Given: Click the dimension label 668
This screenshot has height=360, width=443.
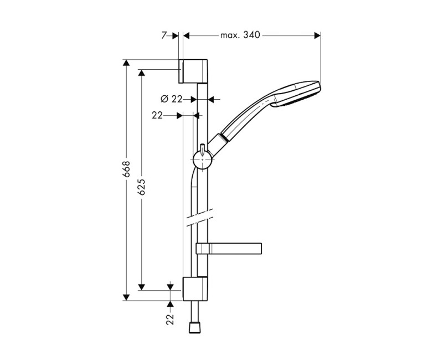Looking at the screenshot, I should point(126,169).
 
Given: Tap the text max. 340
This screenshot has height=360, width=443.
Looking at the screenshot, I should point(240,35).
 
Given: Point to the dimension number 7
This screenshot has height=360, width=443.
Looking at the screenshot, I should point(164,35).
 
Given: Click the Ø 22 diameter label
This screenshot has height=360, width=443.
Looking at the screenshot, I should point(171,99).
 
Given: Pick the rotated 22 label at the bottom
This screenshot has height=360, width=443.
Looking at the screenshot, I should point(170,319).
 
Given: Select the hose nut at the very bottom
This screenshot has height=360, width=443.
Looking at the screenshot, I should point(194,329).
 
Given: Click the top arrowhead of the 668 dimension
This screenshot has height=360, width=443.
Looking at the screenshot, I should point(126,63).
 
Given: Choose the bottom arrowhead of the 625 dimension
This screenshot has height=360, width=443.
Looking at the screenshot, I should point(142,286).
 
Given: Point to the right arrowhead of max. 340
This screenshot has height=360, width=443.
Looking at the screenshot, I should point(317,35).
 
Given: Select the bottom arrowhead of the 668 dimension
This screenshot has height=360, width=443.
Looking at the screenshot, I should point(126,296).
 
